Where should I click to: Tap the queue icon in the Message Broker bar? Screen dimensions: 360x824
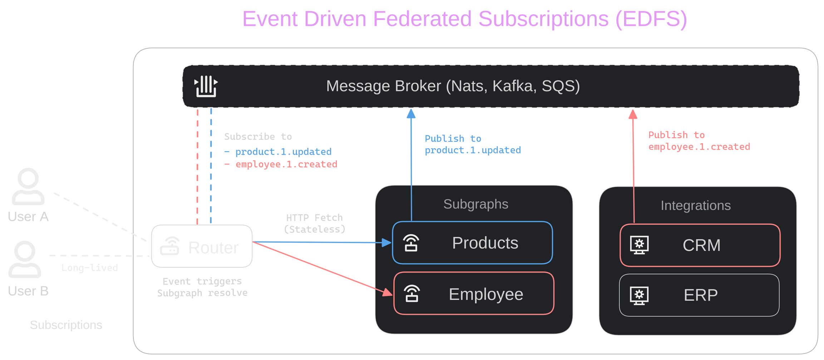[206, 86]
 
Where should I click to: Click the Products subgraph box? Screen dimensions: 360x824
[472, 243]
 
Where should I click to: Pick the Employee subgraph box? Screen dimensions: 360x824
[474, 294]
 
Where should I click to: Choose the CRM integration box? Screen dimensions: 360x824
[700, 245]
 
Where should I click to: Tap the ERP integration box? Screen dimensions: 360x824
[699, 295]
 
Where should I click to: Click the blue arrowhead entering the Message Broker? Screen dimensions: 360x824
[411, 114]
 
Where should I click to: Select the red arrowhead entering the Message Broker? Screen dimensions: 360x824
[633, 115]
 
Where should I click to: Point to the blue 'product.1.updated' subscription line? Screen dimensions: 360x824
[283, 152]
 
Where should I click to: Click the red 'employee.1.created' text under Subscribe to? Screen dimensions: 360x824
[286, 164]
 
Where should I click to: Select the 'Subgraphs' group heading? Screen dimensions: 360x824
[476, 204]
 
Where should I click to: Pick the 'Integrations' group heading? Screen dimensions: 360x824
[696, 205]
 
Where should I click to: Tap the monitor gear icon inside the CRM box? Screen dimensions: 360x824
[639, 245]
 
